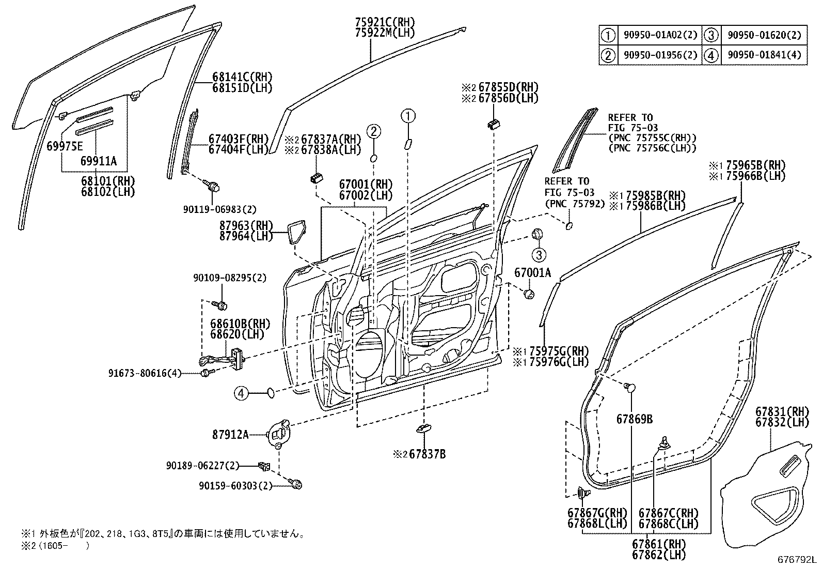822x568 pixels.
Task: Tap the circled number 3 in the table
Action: click(712, 35)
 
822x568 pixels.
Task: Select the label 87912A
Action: click(230, 435)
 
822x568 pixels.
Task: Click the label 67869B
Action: click(634, 419)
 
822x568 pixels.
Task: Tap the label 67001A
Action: click(532, 272)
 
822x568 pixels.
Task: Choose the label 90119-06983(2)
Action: click(219, 209)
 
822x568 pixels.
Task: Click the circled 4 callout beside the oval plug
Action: click(241, 394)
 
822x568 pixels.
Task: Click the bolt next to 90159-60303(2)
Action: click(297, 484)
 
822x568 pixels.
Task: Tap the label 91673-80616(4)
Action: click(145, 373)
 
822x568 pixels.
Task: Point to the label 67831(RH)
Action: click(782, 412)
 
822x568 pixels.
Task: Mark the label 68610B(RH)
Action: click(240, 324)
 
